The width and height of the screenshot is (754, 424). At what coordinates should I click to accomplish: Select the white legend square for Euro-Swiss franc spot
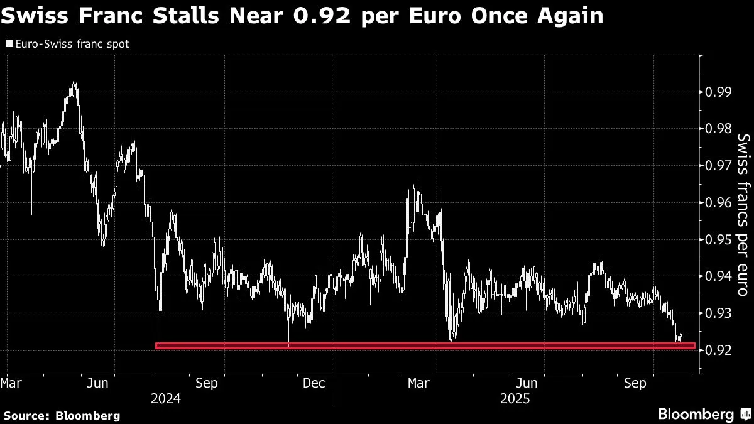[x=8, y=44]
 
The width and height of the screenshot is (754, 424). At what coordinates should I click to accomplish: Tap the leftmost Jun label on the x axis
[x=101, y=383]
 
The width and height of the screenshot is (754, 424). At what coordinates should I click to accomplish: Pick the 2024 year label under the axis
[x=167, y=399]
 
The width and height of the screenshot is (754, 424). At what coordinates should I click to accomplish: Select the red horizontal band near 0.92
[x=425, y=346]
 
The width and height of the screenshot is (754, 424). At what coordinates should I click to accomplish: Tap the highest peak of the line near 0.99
[x=75, y=82]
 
